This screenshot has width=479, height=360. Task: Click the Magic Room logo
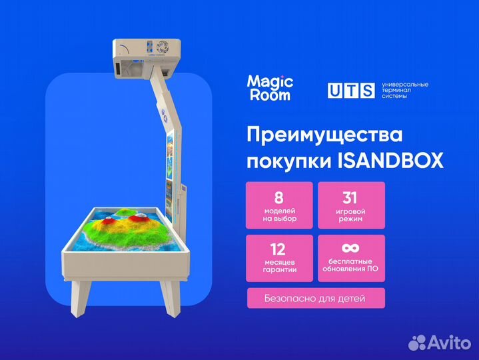tap(270, 88)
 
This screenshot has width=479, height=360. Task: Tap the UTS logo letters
tap(350, 90)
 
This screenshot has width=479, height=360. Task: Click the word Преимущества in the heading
tap(324, 135)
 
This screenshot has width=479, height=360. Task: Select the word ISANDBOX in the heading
tap(400, 162)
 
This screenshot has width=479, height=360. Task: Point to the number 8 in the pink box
tap(279, 197)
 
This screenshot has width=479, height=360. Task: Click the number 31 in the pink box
tap(350, 197)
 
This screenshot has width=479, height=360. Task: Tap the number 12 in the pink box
tap(279, 250)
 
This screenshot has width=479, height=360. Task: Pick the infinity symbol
tap(350, 247)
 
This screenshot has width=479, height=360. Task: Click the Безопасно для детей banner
tap(316, 298)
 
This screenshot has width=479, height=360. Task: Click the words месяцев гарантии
tap(280, 267)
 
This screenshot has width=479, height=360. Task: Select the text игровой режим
tap(350, 215)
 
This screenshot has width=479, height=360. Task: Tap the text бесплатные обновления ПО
tap(350, 265)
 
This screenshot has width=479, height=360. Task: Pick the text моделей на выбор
tap(280, 215)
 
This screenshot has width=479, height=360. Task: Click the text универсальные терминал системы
tap(404, 90)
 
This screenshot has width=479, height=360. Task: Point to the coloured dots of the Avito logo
tap(417, 343)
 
